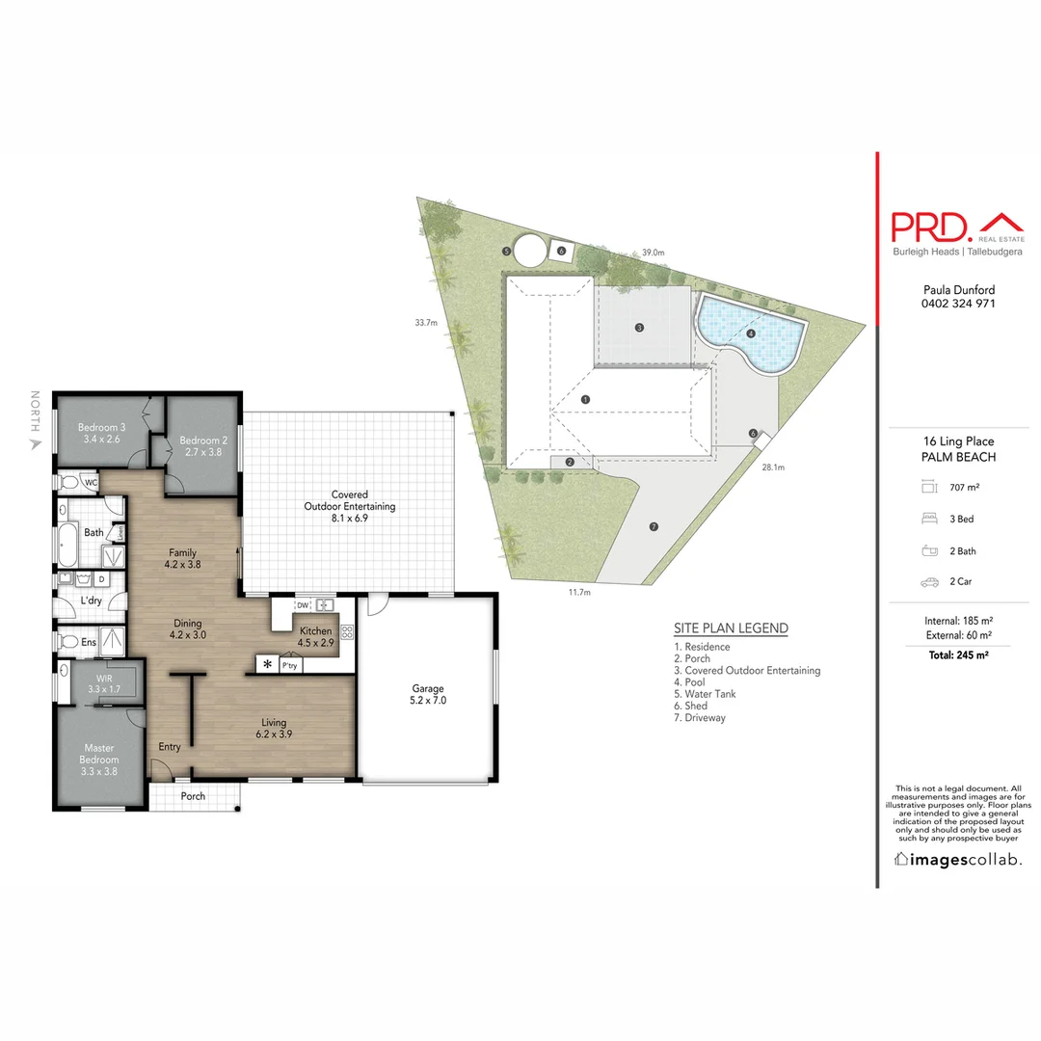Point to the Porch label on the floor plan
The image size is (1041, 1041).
coord(193,796)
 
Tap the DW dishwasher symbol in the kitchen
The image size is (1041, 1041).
coord(302,605)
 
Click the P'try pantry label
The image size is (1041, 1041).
coord(289,665)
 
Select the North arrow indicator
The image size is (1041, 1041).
coord(36,443)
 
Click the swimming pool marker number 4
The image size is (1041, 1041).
coord(750,334)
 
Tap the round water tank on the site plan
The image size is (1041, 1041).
coord(528,251)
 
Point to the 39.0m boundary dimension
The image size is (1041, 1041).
coord(654,253)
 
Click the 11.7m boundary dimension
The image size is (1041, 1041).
coord(579,593)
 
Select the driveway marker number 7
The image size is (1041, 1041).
coord(654,526)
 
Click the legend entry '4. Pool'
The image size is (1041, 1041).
coord(690,682)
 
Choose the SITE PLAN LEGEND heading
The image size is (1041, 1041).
coord(731,628)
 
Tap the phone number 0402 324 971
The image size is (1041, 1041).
coord(958,304)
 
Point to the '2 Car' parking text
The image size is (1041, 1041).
coord(961,582)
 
